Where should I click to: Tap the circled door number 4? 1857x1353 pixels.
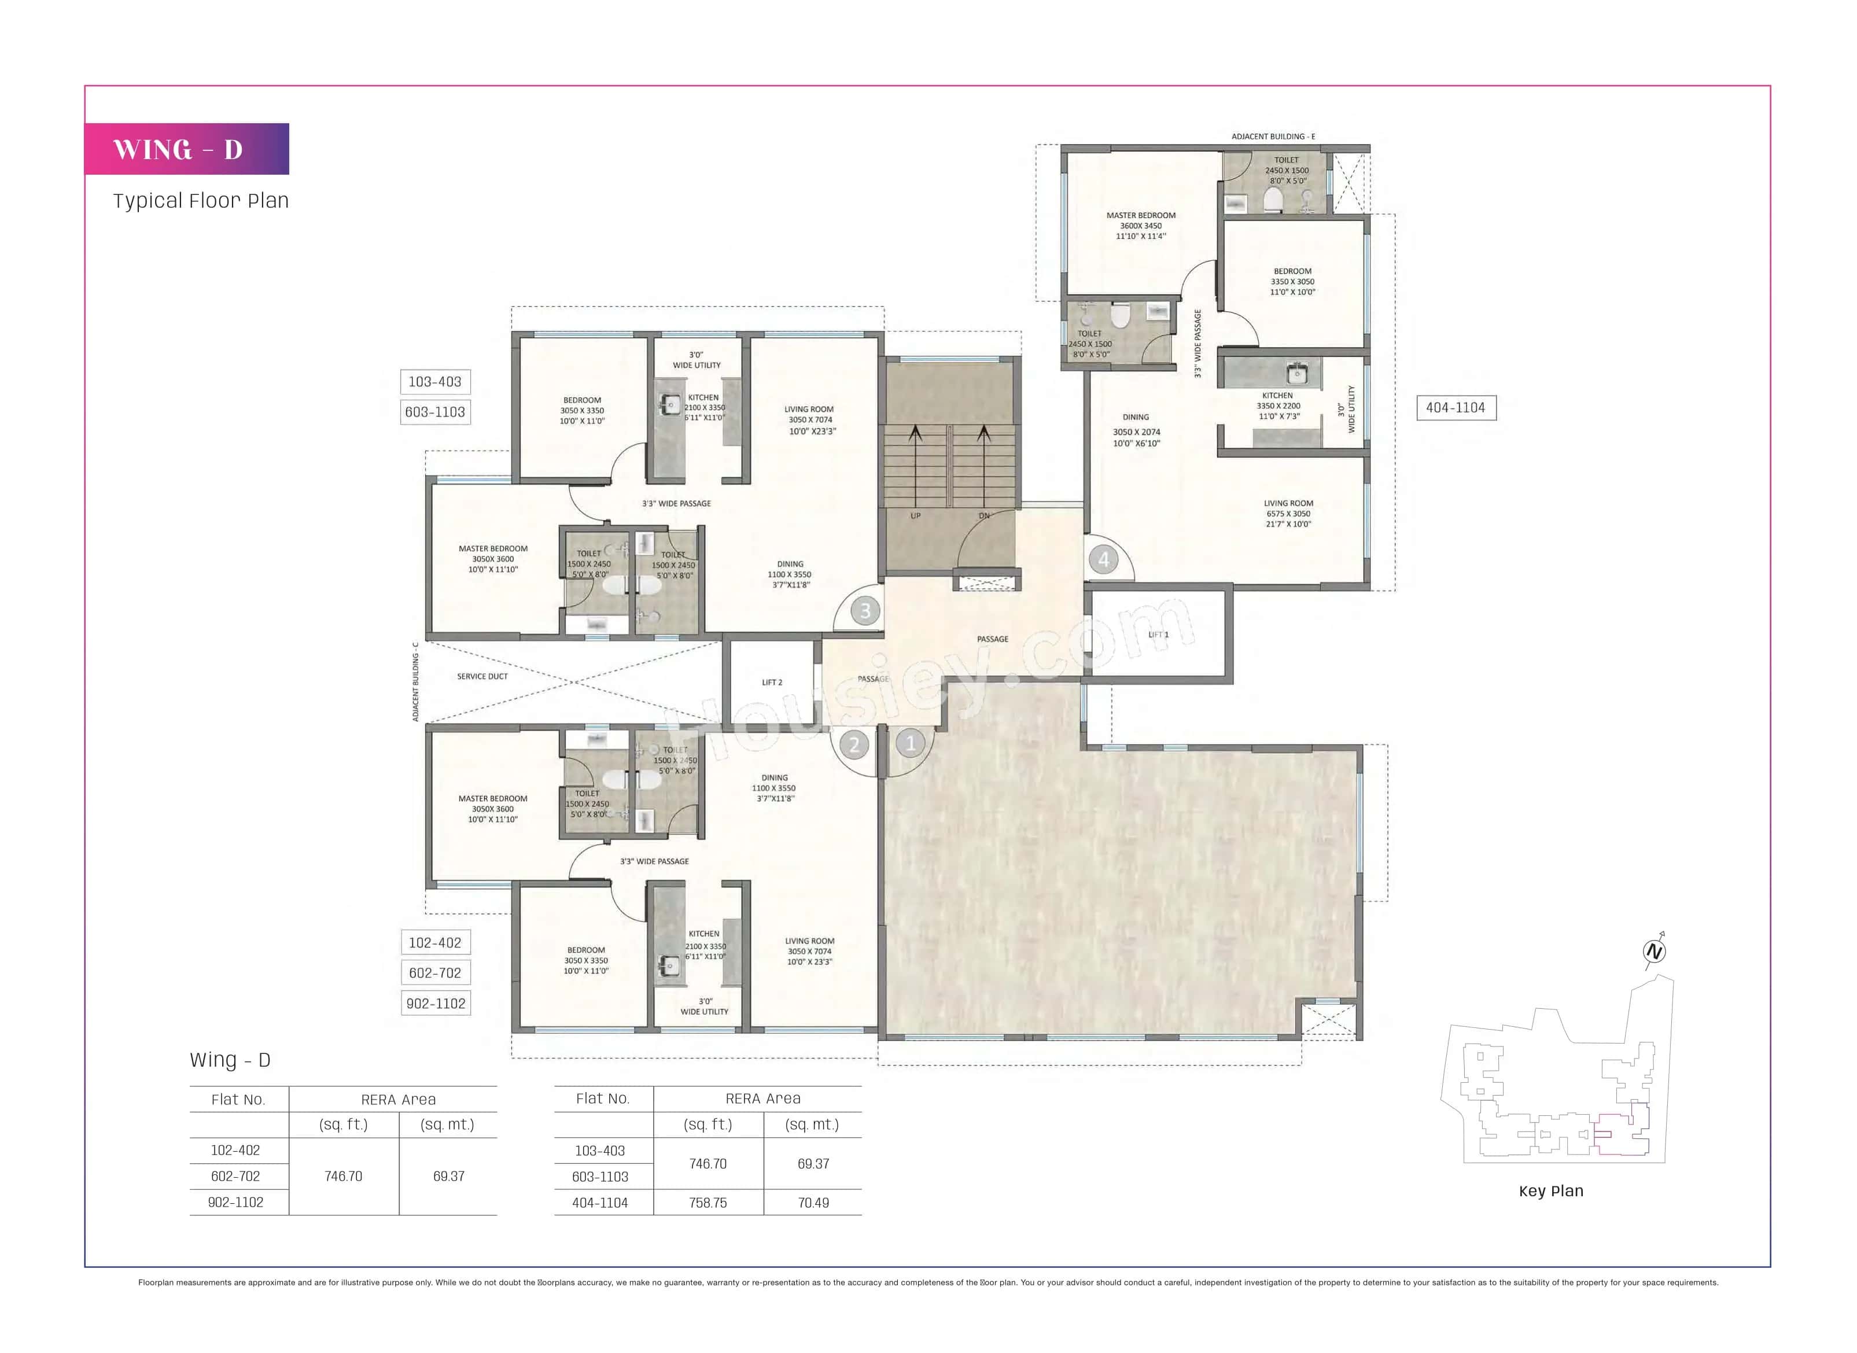point(1103,560)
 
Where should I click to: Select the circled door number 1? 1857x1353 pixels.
point(910,744)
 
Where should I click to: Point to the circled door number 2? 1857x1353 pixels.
point(854,745)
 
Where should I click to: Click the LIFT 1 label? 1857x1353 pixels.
point(1158,635)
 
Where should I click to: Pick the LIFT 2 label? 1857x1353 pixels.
point(772,682)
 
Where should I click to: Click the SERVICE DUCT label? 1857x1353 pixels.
point(482,677)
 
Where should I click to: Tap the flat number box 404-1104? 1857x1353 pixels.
point(1455,408)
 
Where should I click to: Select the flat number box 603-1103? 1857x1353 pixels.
point(435,412)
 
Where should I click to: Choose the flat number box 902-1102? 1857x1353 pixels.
point(436,1003)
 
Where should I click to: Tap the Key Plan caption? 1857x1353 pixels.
point(1550,1192)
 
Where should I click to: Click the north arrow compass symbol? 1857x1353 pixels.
point(1654,952)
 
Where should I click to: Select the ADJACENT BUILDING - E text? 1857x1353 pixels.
point(1273,137)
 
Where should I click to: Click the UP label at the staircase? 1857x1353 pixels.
point(915,516)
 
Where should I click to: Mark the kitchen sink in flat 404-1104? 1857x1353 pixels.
point(1296,374)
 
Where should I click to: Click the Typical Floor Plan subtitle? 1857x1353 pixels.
point(201,201)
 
